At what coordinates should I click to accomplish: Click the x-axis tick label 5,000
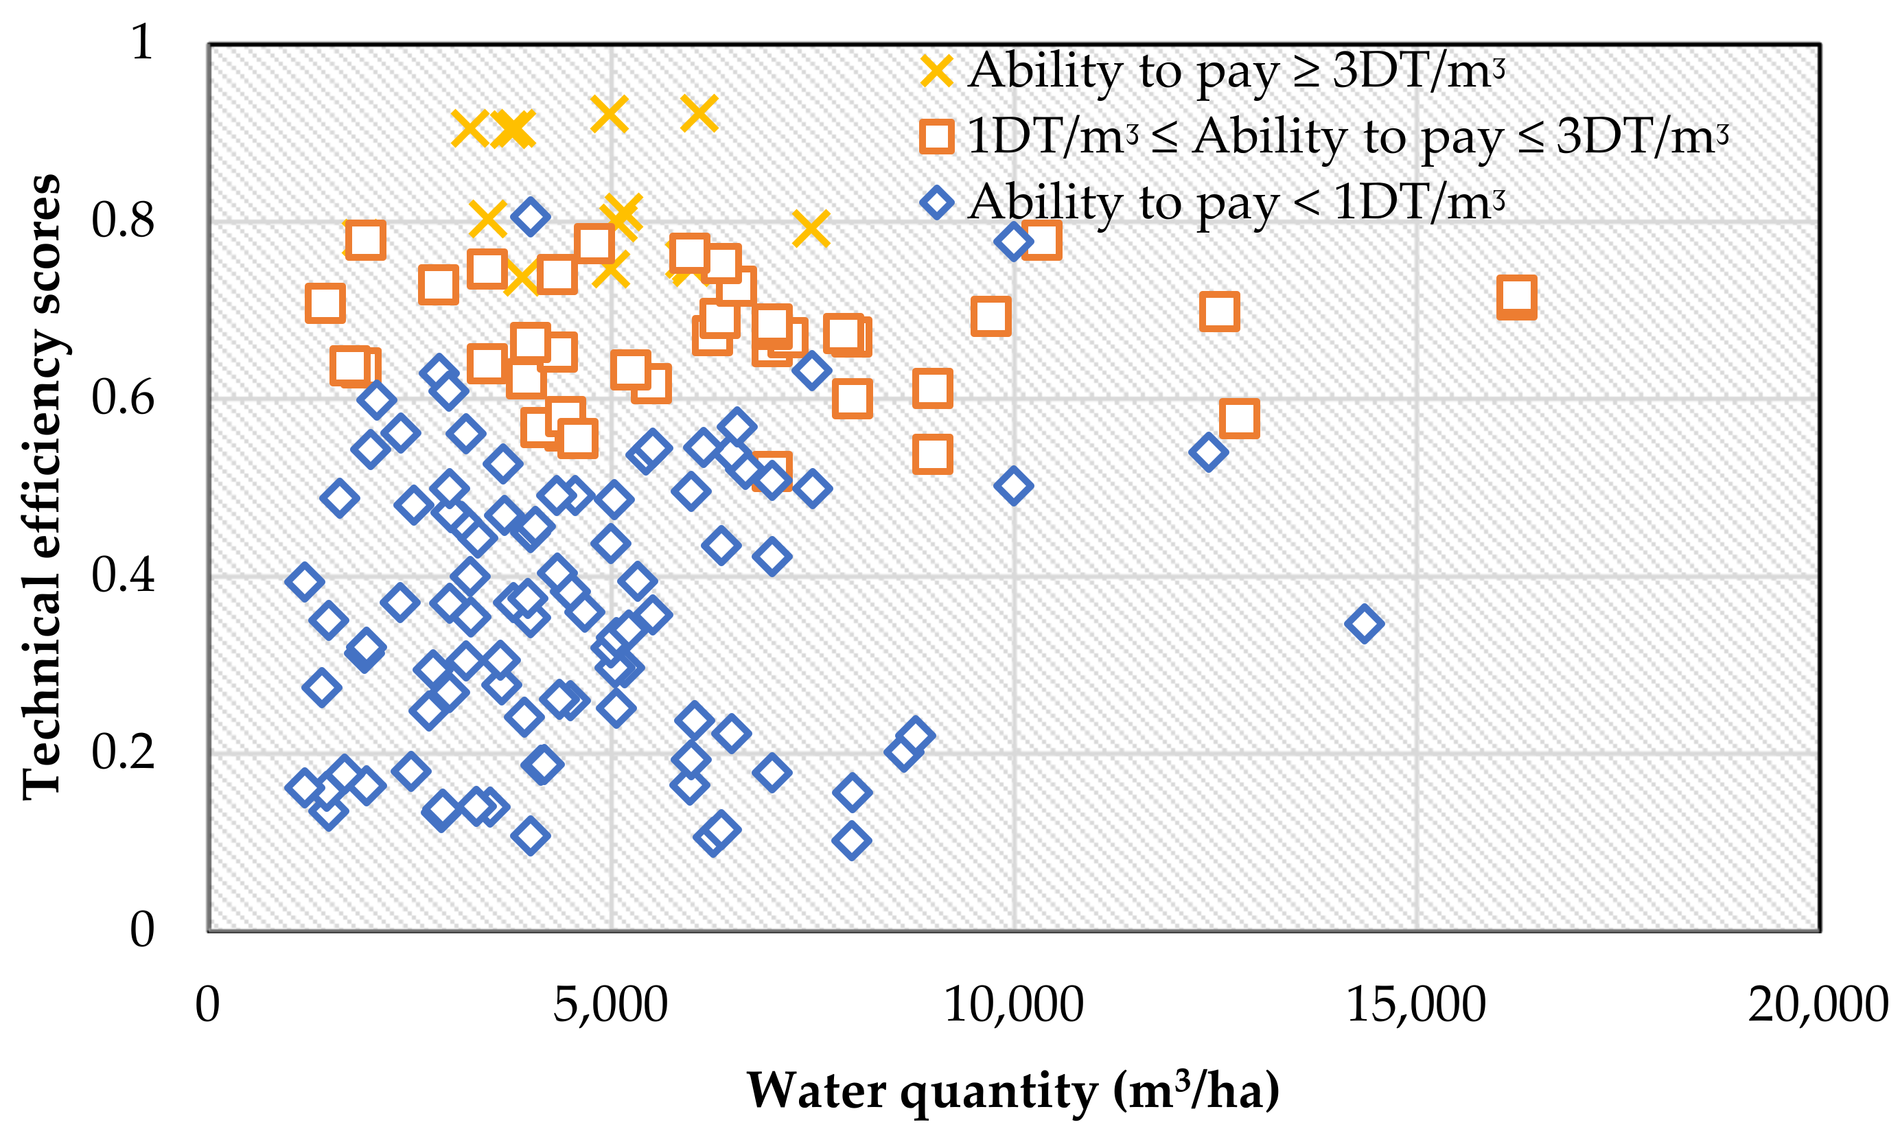coord(610,1005)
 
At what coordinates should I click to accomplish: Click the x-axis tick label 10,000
coord(1013,1005)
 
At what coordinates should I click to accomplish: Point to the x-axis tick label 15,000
coord(1416,1005)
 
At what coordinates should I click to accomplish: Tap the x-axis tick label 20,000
coord(1818,1005)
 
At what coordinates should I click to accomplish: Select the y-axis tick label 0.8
coord(123,220)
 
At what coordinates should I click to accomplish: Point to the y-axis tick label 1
coord(142,42)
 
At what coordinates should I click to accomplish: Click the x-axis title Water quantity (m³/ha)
coord(1013,1091)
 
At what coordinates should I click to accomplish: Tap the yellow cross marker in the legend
coord(937,71)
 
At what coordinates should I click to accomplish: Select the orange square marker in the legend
coord(937,137)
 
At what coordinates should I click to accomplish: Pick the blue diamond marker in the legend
coord(937,202)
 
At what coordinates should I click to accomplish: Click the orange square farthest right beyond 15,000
coord(1516,297)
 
